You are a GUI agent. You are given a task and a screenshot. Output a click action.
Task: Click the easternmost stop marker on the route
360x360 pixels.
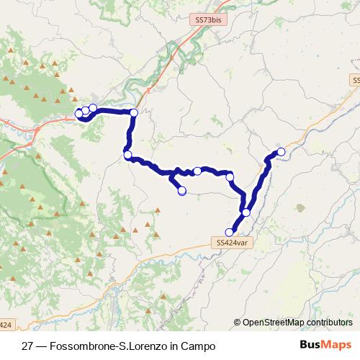(281, 151)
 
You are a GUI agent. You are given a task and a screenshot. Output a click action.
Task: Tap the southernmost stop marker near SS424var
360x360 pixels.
(230, 232)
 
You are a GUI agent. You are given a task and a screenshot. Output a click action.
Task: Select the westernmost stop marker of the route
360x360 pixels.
(79, 113)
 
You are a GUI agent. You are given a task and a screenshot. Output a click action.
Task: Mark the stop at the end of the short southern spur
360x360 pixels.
(181, 190)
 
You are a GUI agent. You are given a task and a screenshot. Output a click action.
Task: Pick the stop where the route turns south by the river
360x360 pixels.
(134, 112)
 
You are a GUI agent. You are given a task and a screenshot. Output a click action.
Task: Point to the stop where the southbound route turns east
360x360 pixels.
(127, 154)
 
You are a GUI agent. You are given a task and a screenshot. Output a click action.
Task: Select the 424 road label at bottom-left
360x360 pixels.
(6, 325)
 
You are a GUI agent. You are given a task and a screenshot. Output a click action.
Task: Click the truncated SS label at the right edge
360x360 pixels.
(356, 78)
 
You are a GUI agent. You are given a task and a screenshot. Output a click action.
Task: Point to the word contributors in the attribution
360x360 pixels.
(329, 323)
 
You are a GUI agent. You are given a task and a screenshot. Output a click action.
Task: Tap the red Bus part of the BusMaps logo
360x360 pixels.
(311, 346)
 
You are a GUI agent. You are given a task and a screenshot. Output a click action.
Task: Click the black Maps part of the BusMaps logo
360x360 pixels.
(338, 346)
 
